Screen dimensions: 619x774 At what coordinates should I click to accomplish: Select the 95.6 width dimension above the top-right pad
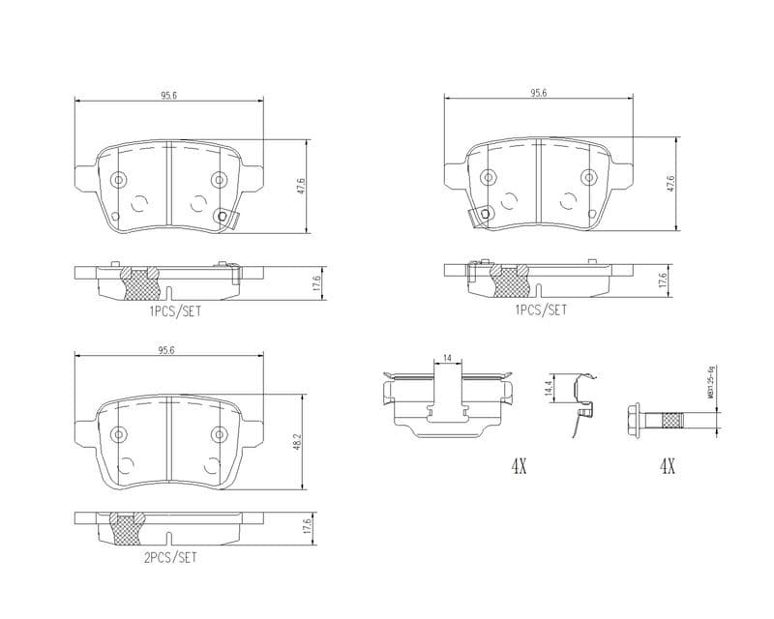click(539, 93)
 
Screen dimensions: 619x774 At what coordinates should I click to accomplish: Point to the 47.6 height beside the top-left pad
click(301, 184)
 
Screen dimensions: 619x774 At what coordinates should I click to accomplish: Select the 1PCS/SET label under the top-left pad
click(175, 311)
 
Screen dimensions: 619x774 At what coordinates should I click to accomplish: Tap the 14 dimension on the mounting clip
click(446, 359)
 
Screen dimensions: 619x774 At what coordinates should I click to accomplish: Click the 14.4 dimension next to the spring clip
click(548, 389)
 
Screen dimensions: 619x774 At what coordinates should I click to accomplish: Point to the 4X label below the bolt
click(666, 466)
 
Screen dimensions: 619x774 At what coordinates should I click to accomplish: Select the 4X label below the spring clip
click(519, 466)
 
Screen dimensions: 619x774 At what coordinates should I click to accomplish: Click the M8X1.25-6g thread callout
click(709, 382)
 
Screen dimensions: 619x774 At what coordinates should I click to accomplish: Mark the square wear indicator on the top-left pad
click(226, 218)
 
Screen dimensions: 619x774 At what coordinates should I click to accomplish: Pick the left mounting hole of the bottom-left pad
click(119, 432)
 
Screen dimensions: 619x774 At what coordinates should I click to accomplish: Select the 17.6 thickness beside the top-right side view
click(663, 280)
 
